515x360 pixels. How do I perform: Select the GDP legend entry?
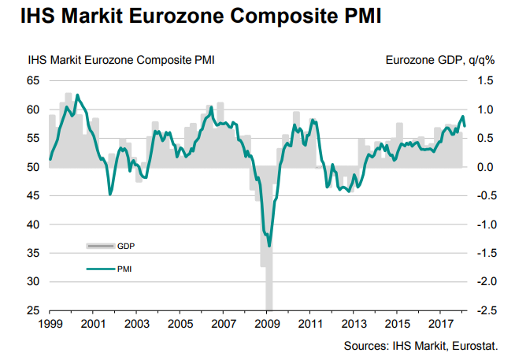click(x=125, y=247)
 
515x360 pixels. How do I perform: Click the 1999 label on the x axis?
click(x=50, y=324)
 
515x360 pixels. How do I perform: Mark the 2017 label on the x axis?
click(x=439, y=324)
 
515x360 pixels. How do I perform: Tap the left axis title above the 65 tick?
click(x=121, y=59)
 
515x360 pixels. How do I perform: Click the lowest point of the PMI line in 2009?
click(x=269, y=246)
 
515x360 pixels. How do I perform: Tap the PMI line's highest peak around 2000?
click(x=76, y=95)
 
